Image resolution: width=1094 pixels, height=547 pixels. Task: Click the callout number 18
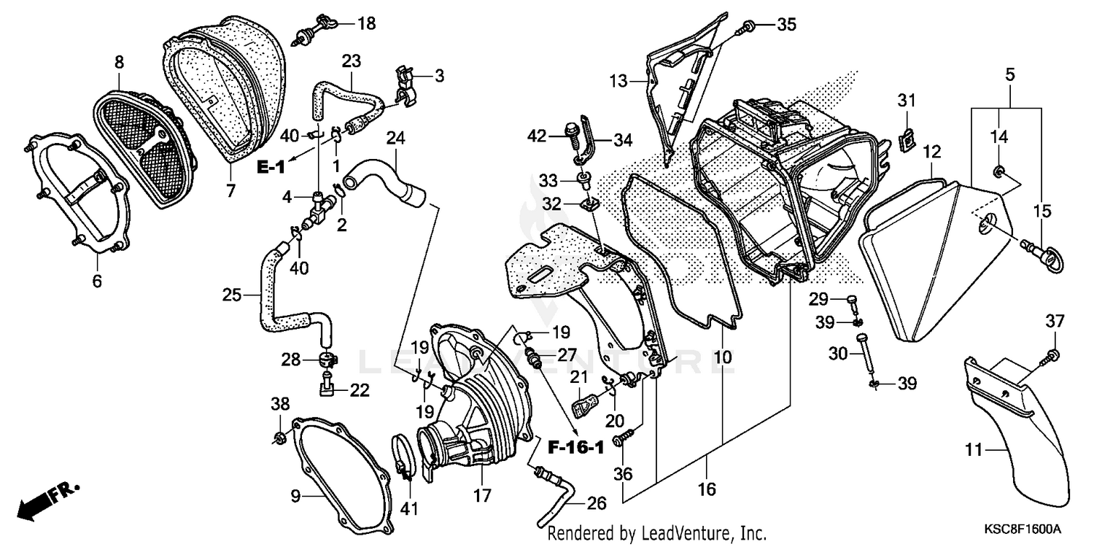[x=366, y=23]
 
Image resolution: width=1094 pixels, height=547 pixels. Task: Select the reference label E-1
[x=270, y=168]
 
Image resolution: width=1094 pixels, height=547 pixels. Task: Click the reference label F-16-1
[x=576, y=447]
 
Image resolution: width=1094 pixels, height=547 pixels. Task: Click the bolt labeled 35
[x=748, y=28]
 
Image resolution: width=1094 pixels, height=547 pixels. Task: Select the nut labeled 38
[x=279, y=438]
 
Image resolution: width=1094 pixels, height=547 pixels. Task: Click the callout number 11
[x=974, y=451]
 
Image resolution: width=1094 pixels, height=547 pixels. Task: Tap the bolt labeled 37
[x=1053, y=355]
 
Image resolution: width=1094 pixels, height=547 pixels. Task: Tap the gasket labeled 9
[x=343, y=467]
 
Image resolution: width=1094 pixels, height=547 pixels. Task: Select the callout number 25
[x=231, y=295]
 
